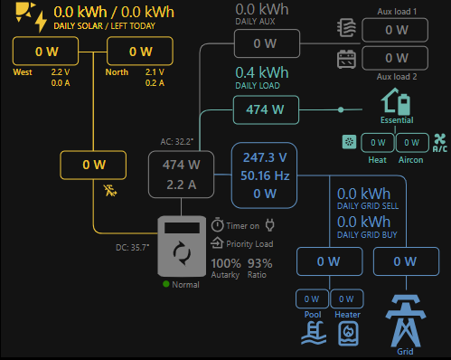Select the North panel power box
point(140,52)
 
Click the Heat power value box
point(378,142)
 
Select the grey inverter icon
point(182,246)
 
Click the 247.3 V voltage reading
point(265,156)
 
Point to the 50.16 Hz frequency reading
point(265,175)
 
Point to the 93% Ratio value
point(259,263)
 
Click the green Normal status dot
point(166,285)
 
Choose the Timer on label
point(241,225)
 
